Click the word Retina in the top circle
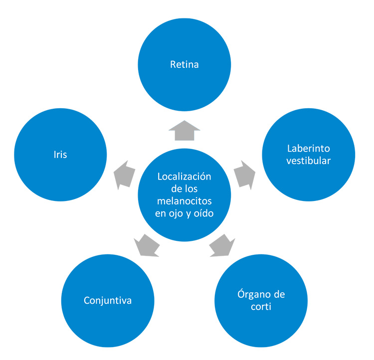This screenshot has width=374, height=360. pos(184,64)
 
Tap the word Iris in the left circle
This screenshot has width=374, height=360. pos(61,155)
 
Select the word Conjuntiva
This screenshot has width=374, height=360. pos(108,301)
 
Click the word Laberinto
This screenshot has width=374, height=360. pos(309,149)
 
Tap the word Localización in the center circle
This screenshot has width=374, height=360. pos(184,177)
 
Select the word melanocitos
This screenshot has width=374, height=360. pos(184,200)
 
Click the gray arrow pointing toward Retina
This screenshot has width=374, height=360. pos(184,131)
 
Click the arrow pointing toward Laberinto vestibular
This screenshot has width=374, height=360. pos(244,174)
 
